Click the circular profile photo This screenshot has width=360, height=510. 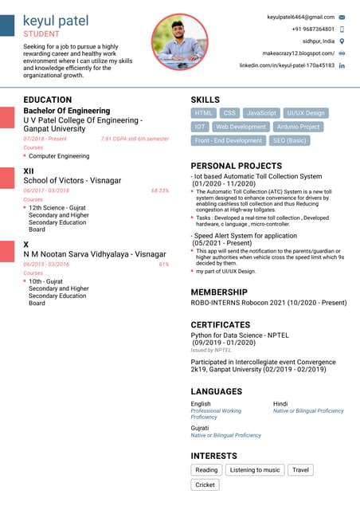click(179, 41)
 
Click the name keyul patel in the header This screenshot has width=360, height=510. click(56, 21)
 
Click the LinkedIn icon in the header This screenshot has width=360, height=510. click(342, 65)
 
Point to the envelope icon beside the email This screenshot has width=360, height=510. click(342, 17)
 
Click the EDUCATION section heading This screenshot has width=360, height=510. click(48, 100)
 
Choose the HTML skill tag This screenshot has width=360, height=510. click(204, 113)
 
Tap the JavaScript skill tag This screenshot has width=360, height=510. click(261, 113)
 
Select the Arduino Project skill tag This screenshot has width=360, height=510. click(299, 127)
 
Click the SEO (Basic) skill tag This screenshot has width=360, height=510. click(289, 140)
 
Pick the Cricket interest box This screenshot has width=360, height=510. click(205, 484)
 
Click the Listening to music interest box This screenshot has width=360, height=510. click(255, 470)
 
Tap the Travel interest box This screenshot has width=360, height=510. click(300, 470)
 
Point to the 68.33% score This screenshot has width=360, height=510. click(159, 191)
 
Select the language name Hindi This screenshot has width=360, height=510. click(280, 404)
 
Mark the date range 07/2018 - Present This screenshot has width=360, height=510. click(45, 139)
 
